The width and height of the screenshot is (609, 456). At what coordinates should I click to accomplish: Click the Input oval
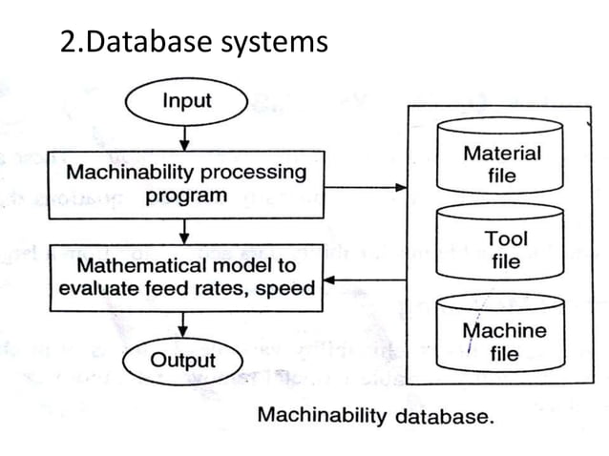click(x=185, y=101)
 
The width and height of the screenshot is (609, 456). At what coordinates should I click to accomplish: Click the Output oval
click(x=182, y=361)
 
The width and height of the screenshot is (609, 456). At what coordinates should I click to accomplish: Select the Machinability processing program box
click(x=185, y=184)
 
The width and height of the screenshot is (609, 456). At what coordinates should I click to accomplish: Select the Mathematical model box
click(x=185, y=276)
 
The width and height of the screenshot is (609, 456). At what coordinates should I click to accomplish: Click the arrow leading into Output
click(x=185, y=325)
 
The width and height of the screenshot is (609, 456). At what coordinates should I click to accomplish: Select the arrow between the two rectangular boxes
click(x=185, y=231)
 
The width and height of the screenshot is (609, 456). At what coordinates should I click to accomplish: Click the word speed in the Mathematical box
click(x=287, y=288)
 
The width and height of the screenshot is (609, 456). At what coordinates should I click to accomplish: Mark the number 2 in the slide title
click(x=67, y=42)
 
